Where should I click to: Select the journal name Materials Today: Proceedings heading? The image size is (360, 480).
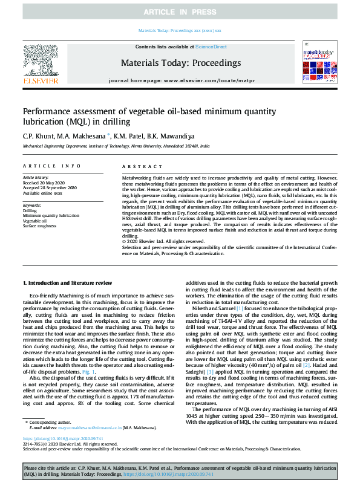180,62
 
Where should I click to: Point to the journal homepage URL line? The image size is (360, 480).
180,80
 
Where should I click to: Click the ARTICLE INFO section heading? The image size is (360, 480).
51,166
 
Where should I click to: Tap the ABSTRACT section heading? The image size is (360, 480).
139,166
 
